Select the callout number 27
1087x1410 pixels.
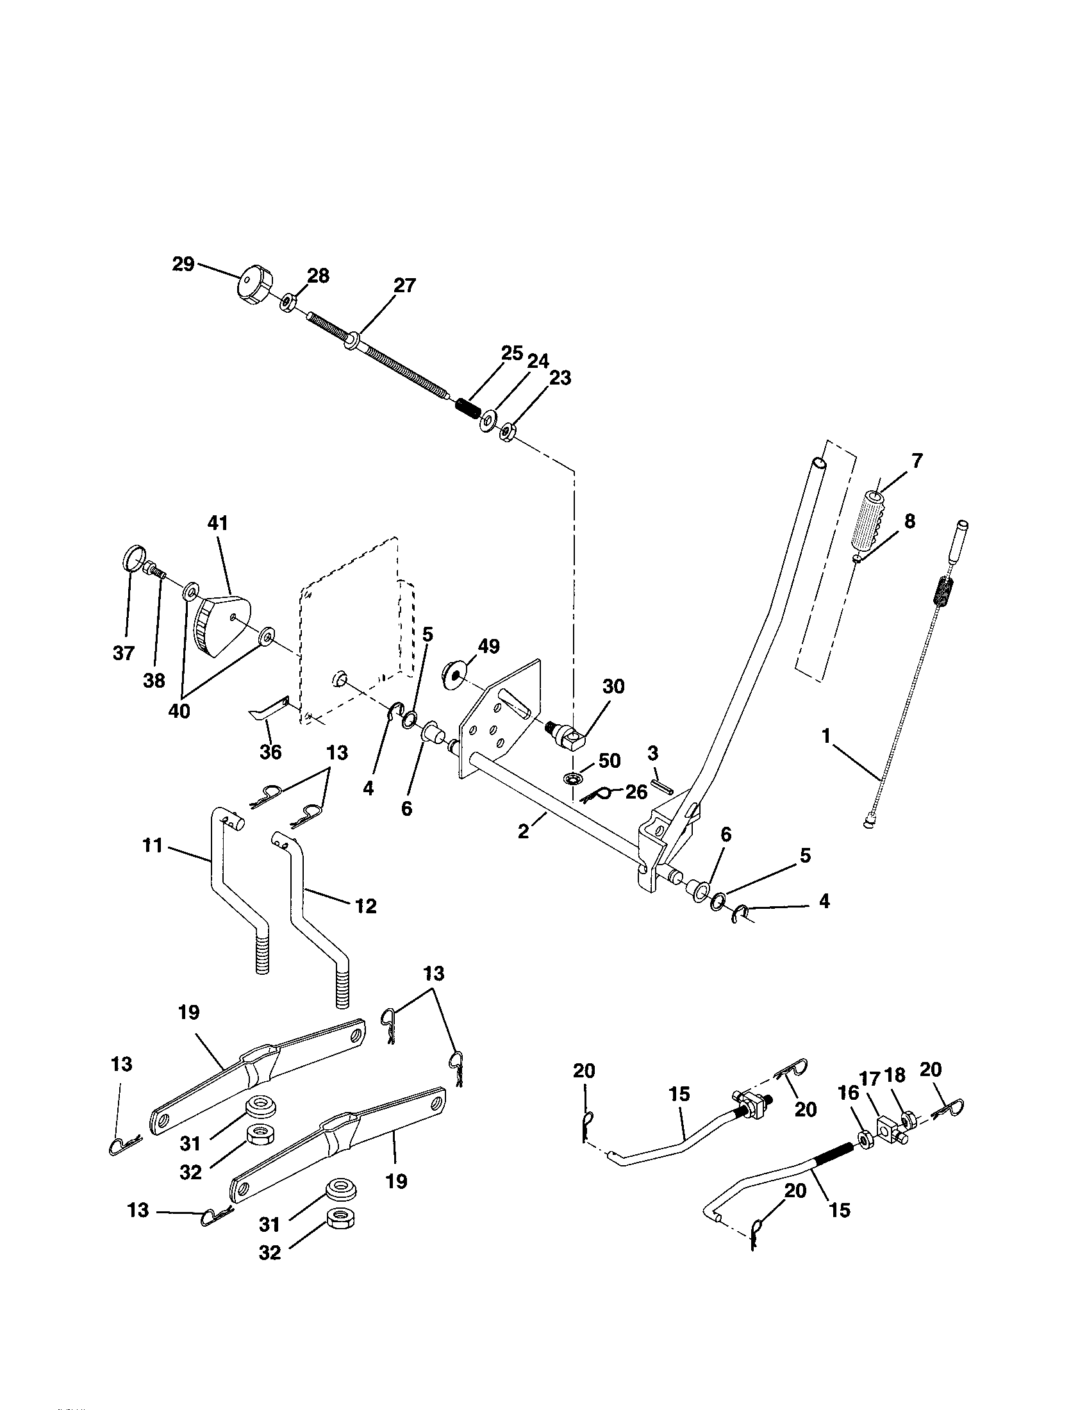tap(404, 285)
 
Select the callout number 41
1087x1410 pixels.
tap(217, 523)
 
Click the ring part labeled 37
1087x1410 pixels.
tap(132, 557)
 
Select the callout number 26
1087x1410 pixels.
tap(636, 792)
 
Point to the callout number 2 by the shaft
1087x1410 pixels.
tap(524, 831)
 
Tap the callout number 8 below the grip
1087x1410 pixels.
tap(909, 520)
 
